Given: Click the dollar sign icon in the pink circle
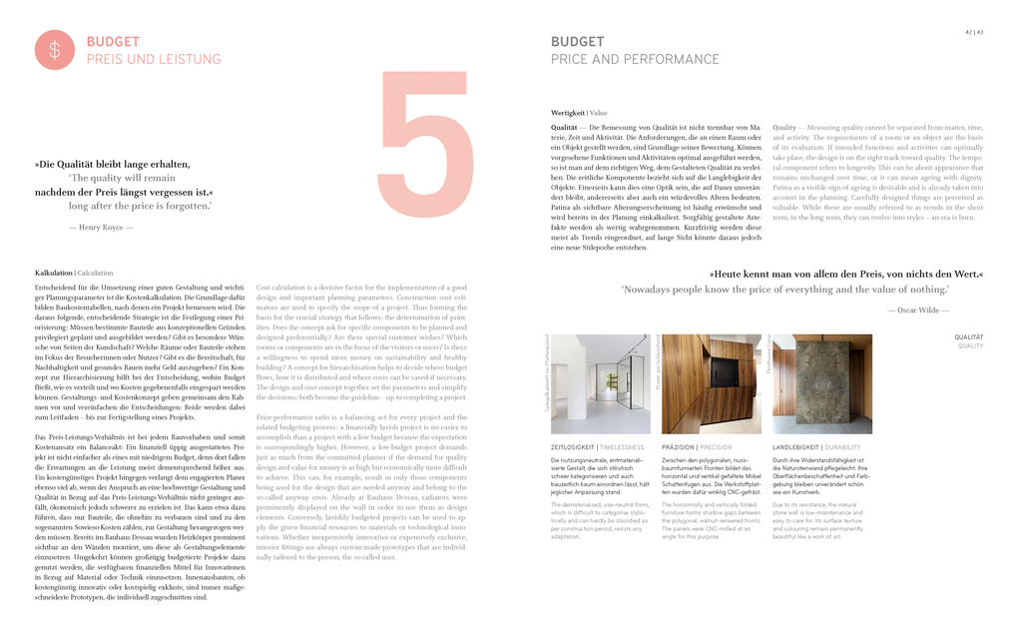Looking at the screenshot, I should pos(55,50).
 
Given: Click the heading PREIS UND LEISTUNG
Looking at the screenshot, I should pos(153,60).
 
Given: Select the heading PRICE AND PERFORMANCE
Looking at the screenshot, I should pos(635,60).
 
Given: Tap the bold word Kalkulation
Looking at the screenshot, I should pos(54,273).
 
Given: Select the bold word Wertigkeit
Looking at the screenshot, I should pos(568,114).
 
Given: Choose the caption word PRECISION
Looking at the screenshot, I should pos(716,447).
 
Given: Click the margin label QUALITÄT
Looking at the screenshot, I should pos(969,337).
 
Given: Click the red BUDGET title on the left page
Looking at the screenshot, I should pos(113,42).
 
